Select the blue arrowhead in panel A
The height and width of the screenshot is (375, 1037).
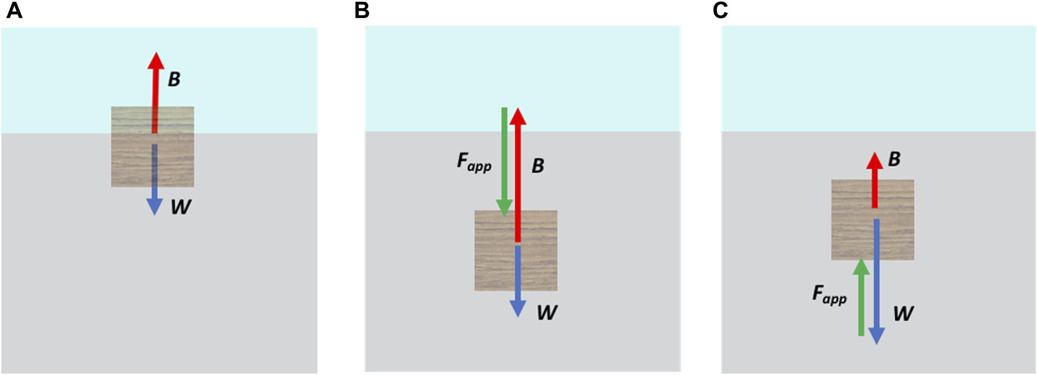(154, 206)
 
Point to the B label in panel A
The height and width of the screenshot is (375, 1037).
(174, 80)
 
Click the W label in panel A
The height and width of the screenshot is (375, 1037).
(181, 207)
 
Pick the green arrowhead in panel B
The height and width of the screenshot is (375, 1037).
(504, 207)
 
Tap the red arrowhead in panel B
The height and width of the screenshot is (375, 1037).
(518, 116)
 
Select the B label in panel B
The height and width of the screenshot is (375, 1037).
(538, 166)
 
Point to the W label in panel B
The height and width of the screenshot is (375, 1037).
(547, 313)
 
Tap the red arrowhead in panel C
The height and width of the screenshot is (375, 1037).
(874, 161)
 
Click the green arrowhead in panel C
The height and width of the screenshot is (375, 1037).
(861, 267)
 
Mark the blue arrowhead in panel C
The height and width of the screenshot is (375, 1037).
(876, 336)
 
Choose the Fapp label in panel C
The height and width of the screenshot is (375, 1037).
(829, 294)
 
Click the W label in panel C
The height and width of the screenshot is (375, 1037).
(903, 314)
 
